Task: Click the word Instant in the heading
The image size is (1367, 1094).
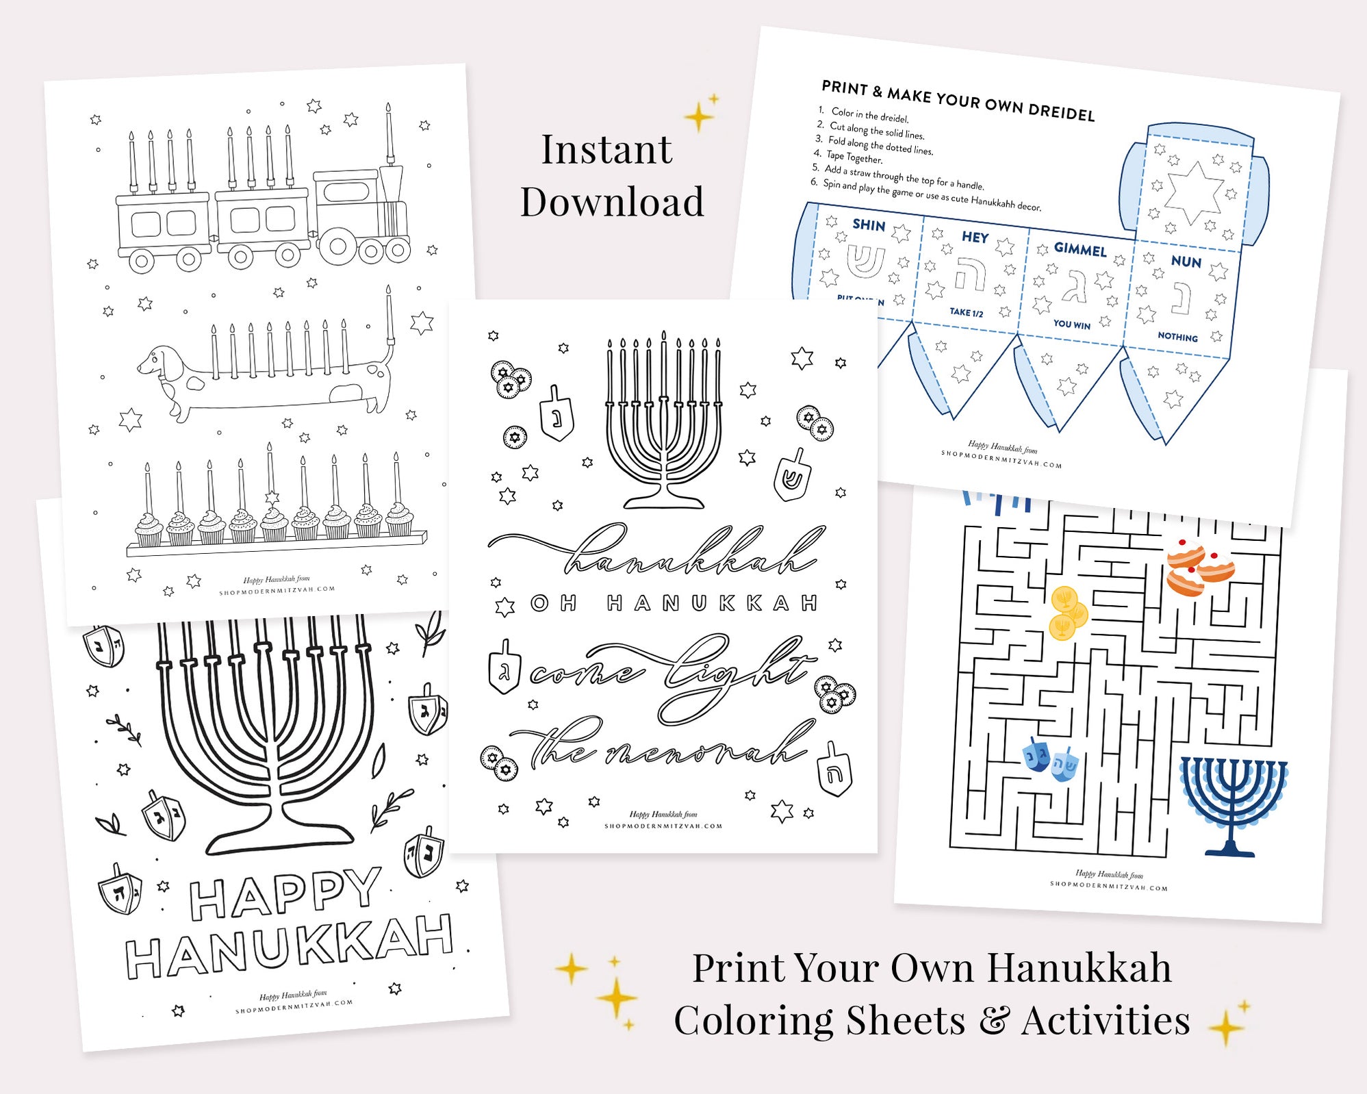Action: [606, 150]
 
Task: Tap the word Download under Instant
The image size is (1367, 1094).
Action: [612, 202]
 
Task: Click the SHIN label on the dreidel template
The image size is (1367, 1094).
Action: [869, 225]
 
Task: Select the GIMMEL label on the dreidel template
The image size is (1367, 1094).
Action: [1079, 249]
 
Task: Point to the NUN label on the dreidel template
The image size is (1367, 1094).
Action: [1186, 262]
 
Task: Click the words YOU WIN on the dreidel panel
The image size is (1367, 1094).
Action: [1071, 325]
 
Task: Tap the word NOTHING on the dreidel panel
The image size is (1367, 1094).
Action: [1177, 337]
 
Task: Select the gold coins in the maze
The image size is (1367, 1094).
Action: [1066, 613]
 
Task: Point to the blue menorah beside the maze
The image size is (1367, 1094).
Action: [1232, 804]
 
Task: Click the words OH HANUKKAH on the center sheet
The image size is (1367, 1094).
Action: [674, 604]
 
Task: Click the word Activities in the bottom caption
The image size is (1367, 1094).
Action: [1105, 1021]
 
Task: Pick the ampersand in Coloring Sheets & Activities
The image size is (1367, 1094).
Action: [993, 1021]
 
